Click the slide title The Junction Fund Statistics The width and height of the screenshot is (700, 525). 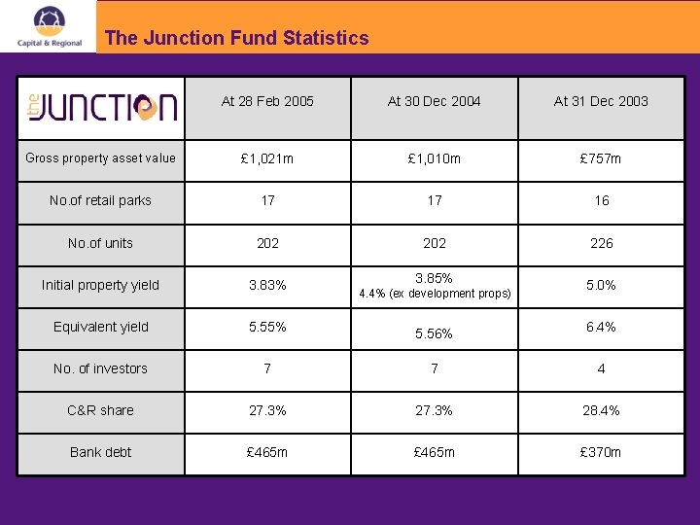(236, 38)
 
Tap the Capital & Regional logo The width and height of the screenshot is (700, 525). (50, 26)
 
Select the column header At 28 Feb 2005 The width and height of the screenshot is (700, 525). (267, 101)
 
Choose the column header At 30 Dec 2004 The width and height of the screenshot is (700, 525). (434, 101)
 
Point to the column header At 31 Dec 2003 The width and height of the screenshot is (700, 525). (601, 101)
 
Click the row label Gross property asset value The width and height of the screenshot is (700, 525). (101, 158)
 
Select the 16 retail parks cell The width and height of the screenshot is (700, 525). (601, 201)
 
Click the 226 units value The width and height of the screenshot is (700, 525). (601, 243)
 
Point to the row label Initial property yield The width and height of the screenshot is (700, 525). (101, 285)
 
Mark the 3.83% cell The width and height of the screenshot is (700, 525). (267, 286)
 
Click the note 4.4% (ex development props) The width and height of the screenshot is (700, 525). (435, 294)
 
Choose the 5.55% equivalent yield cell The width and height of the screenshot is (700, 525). (267, 328)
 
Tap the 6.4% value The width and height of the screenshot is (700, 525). (601, 328)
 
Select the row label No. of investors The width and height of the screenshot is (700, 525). (101, 368)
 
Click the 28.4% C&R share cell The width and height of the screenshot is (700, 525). (601, 410)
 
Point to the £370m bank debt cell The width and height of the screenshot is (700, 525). (601, 452)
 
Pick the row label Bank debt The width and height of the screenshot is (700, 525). (101, 452)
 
